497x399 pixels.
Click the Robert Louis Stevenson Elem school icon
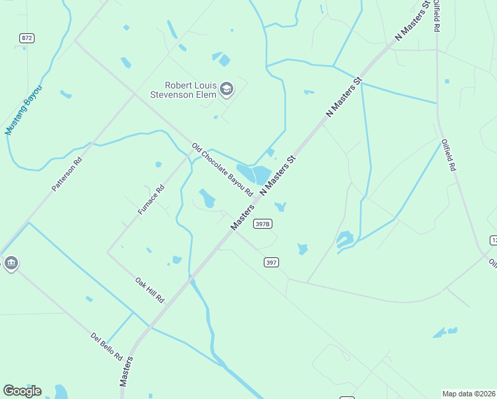(227, 90)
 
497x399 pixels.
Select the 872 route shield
(27, 38)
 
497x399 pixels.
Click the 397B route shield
(262, 224)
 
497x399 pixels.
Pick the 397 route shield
(270, 263)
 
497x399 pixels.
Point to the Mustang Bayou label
(23, 110)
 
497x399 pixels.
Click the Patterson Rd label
(67, 174)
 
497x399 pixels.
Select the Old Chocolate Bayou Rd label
(223, 170)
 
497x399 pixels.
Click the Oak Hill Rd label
(149, 290)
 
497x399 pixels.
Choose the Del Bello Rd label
(106, 346)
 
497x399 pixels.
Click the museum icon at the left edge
(11, 263)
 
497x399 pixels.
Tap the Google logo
(22, 391)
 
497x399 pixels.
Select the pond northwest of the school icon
(222, 59)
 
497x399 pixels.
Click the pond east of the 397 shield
(303, 249)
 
